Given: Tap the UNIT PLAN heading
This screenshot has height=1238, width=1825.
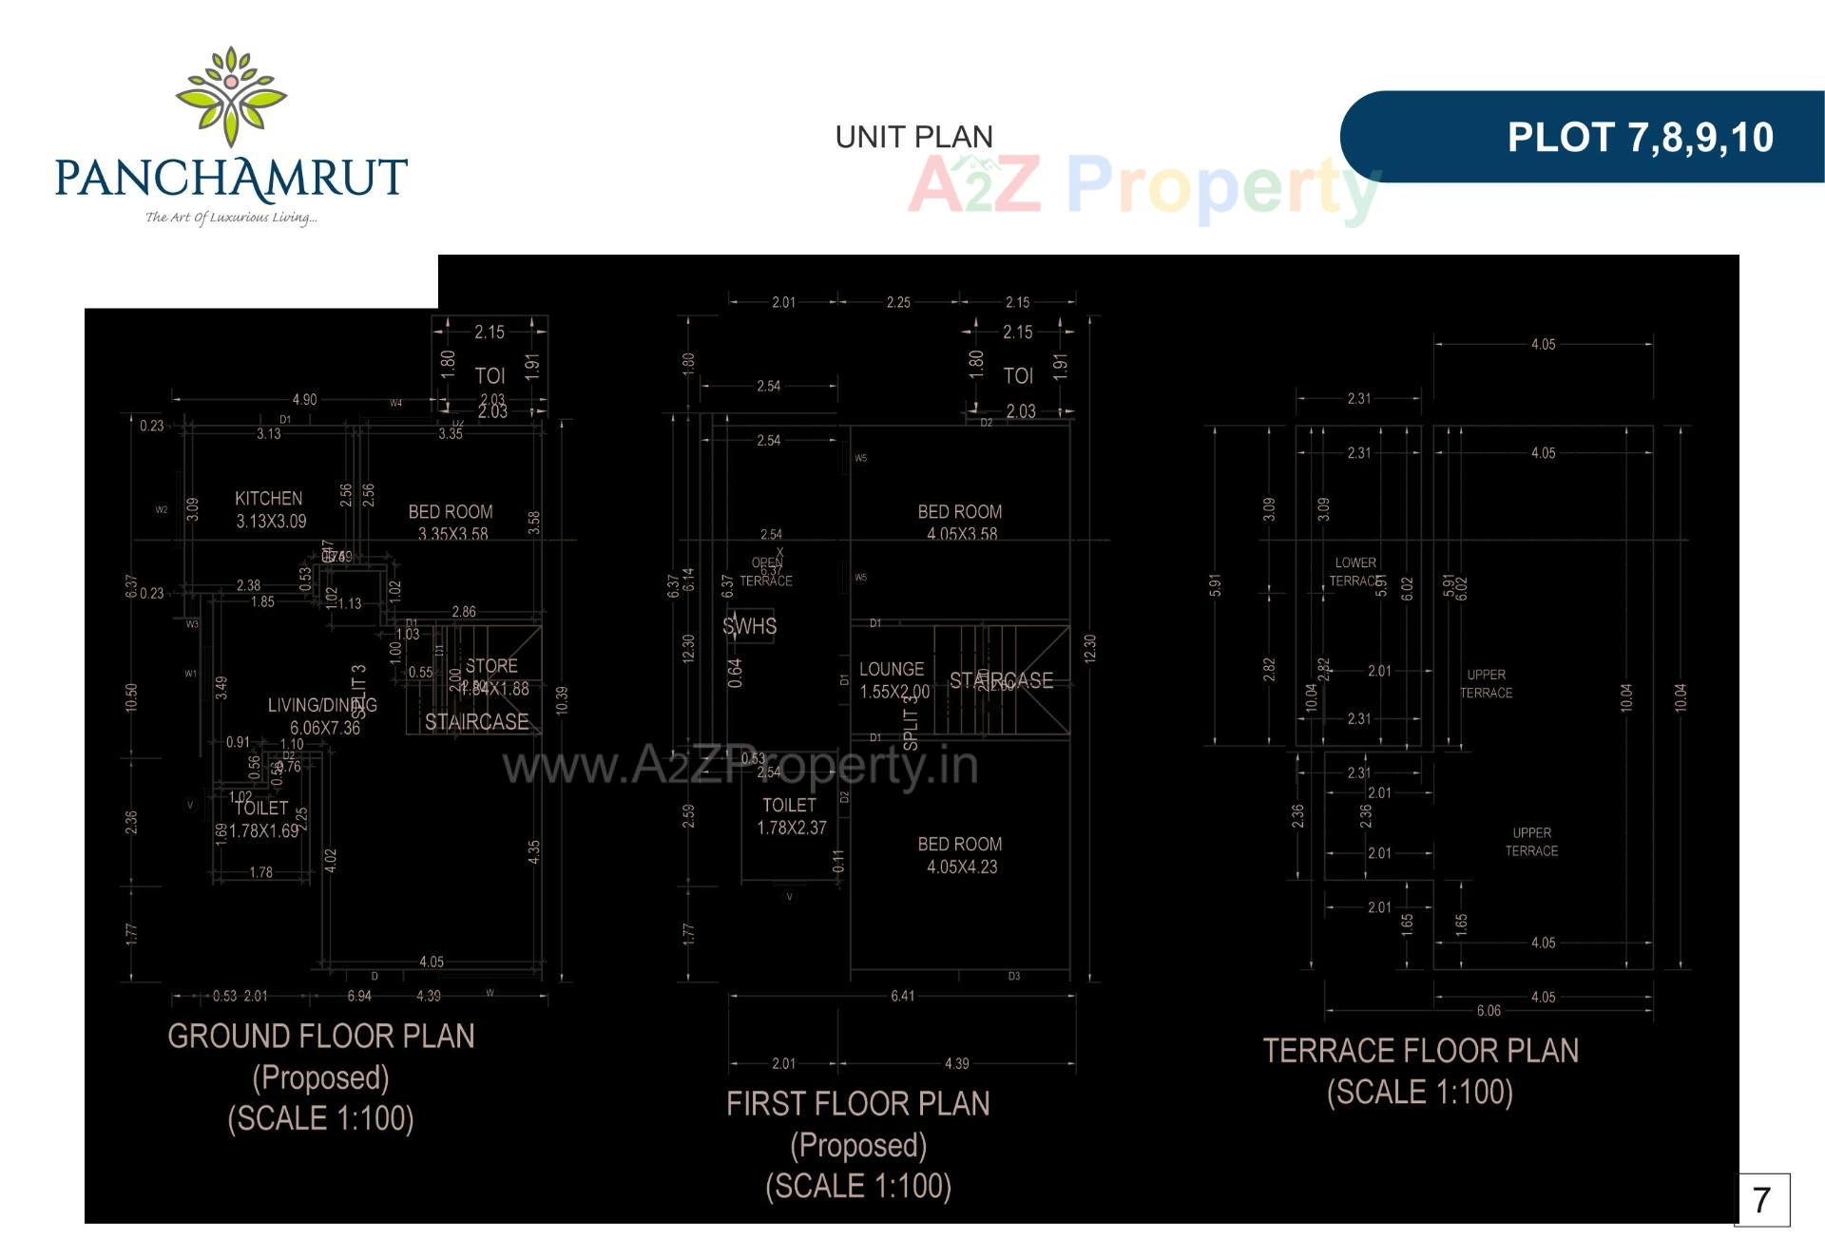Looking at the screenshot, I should tap(913, 137).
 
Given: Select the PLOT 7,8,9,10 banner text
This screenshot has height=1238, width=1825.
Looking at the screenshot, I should tap(1640, 137).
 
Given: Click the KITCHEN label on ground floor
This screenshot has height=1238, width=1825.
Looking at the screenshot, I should tap(269, 498).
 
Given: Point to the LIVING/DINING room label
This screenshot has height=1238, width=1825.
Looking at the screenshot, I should tap(322, 705).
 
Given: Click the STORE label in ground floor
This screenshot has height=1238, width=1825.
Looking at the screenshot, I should tap(491, 666).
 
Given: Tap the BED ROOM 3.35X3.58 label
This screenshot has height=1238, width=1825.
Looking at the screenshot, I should tap(451, 522).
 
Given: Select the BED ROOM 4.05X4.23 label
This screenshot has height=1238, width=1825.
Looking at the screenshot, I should tap(960, 854).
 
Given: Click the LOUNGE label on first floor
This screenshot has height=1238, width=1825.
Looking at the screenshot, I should tap(892, 669).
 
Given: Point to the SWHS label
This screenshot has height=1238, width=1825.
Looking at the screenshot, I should tap(749, 626).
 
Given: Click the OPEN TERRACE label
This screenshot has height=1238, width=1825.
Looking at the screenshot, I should tap(766, 571).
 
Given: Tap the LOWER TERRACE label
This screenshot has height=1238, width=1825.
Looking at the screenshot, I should tap(1354, 571).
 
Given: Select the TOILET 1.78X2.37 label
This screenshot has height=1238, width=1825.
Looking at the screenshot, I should tap(791, 816).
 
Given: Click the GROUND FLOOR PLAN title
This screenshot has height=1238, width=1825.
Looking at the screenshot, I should tap(321, 1036).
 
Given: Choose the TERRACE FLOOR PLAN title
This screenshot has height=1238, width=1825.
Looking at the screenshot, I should tap(1420, 1050).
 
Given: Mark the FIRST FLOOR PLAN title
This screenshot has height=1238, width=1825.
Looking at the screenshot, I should tap(857, 1103).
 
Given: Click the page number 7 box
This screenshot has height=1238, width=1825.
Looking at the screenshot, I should tap(1761, 1200).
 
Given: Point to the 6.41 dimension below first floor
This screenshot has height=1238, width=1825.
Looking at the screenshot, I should tap(902, 996).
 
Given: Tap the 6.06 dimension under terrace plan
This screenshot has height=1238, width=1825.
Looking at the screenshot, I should tap(1489, 1011).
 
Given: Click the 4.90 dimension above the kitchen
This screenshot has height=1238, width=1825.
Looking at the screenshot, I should tap(304, 399).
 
